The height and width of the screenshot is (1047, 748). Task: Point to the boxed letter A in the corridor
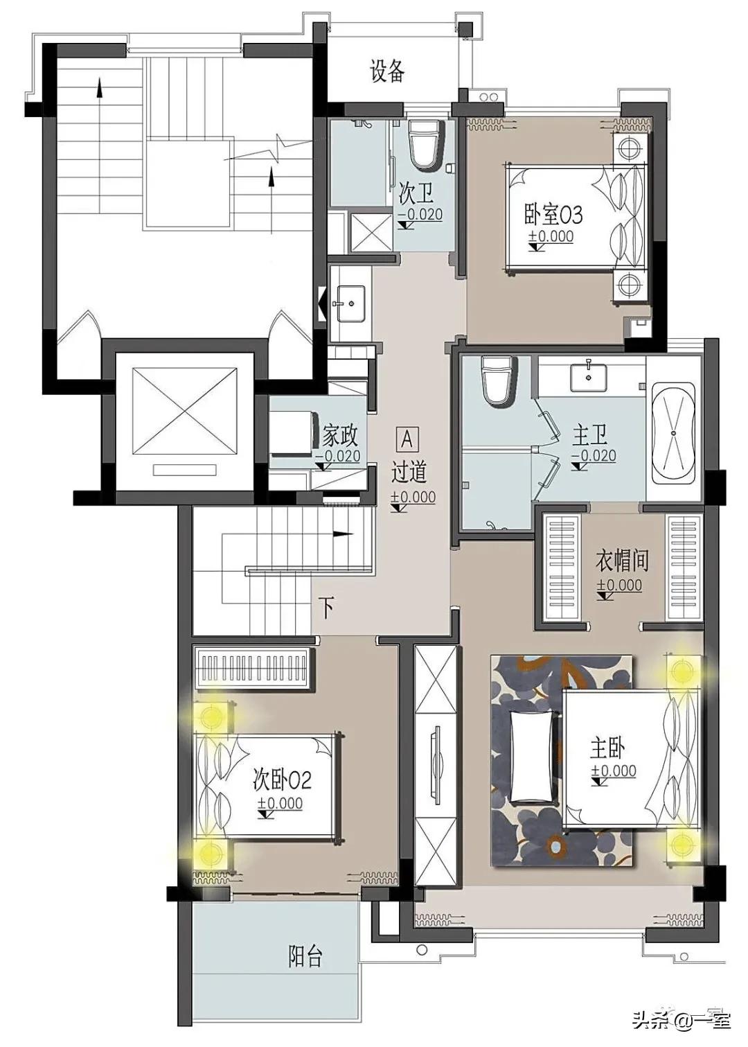pyautogui.click(x=407, y=439)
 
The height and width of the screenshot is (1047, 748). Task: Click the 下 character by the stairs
pyautogui.click(x=328, y=609)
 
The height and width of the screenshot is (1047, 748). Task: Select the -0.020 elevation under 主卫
pyautogui.click(x=594, y=456)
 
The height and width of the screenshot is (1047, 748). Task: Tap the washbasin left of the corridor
pyautogui.click(x=350, y=303)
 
